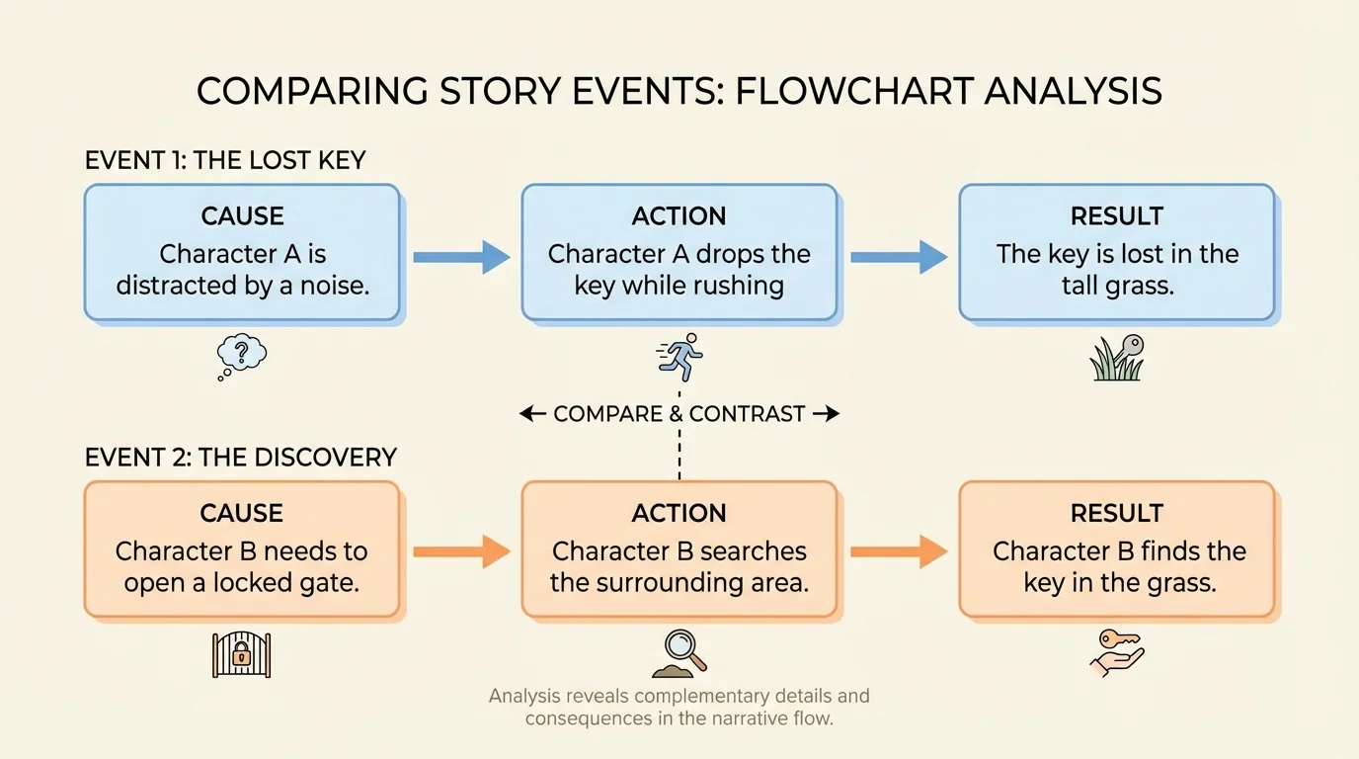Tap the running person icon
[679, 357]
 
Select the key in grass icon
[1117, 359]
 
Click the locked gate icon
[242, 654]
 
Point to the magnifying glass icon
[679, 653]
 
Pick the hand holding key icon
[1116, 654]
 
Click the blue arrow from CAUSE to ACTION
[460, 257]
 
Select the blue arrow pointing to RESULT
[898, 257]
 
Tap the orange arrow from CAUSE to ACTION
[460, 551]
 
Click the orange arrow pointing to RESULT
[898, 551]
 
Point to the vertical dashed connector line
[679, 455]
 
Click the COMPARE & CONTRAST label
[679, 414]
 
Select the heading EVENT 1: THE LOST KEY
[225, 161]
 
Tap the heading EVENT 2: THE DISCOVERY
[241, 458]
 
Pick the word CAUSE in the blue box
[242, 216]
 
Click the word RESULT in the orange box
[1117, 513]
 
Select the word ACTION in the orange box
[679, 513]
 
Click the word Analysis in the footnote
[530, 696]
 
